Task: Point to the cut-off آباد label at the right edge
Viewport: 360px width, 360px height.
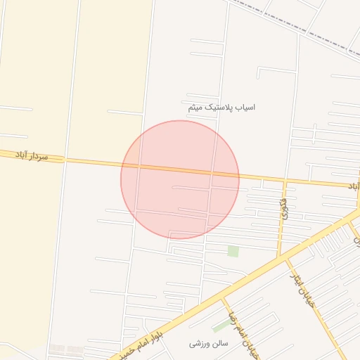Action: tap(354, 186)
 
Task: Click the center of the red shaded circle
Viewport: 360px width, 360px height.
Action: tap(180, 179)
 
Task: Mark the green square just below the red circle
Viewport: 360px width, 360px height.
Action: tap(233, 251)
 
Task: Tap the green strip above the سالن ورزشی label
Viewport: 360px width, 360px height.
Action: tap(221, 326)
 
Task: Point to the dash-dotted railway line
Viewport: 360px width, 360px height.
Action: tap(295, 28)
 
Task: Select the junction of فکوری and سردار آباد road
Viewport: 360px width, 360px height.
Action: tap(285, 181)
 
